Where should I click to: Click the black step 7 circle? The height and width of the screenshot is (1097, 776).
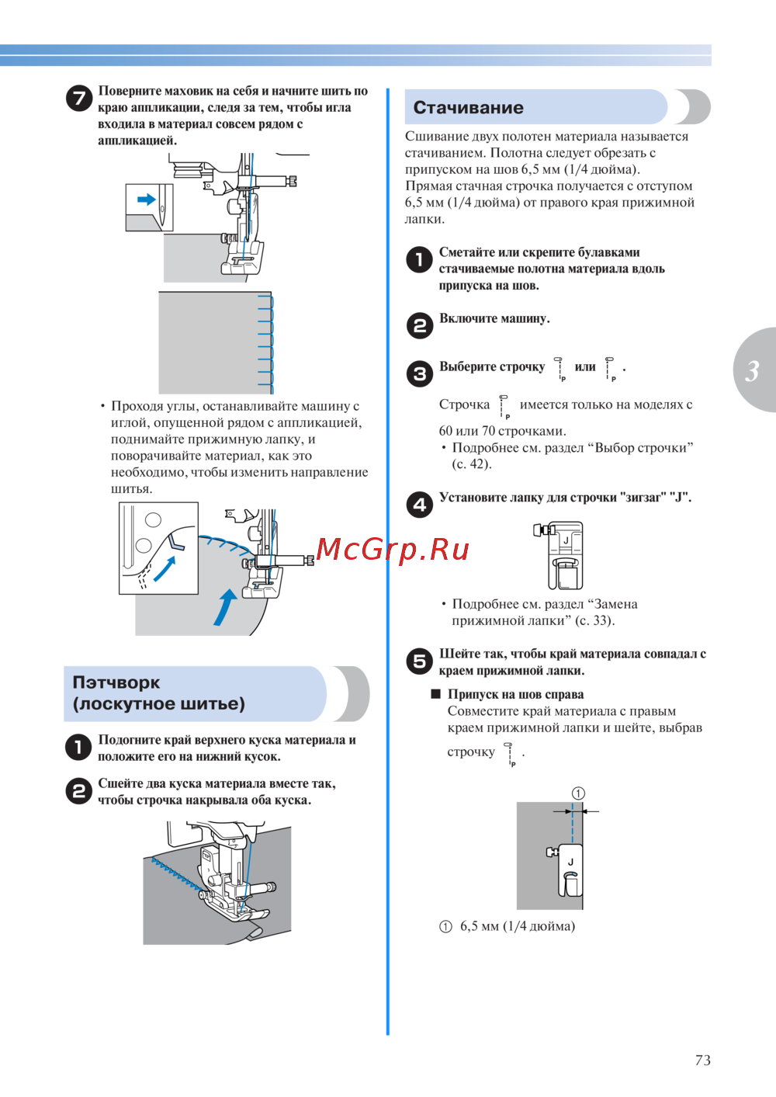[79, 98]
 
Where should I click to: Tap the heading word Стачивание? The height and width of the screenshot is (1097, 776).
[468, 107]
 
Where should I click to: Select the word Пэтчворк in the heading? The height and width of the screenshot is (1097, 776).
[116, 682]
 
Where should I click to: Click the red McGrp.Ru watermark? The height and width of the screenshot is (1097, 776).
[392, 549]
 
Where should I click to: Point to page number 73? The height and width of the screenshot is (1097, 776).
[702, 1060]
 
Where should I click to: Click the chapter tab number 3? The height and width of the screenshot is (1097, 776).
[752, 371]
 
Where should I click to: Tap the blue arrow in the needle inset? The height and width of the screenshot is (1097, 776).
[147, 199]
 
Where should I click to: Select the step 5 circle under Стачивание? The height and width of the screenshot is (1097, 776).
[420, 661]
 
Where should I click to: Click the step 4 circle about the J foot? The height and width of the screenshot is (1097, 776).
[420, 505]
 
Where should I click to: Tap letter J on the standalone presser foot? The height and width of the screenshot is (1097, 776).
[566, 540]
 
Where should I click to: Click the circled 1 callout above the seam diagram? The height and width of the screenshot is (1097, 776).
[578, 793]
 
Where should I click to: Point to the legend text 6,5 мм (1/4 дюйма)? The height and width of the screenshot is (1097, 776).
[518, 926]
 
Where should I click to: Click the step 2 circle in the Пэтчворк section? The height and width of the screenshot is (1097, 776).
[79, 791]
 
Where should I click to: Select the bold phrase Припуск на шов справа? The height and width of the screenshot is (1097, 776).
[515, 694]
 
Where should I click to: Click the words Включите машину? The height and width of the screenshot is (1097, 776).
[494, 318]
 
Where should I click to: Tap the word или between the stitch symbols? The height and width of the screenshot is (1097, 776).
[585, 366]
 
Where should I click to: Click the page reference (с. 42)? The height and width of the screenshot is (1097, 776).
[472, 463]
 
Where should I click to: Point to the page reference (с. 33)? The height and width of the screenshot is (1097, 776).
[595, 620]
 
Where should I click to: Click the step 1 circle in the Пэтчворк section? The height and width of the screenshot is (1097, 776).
[79, 748]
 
